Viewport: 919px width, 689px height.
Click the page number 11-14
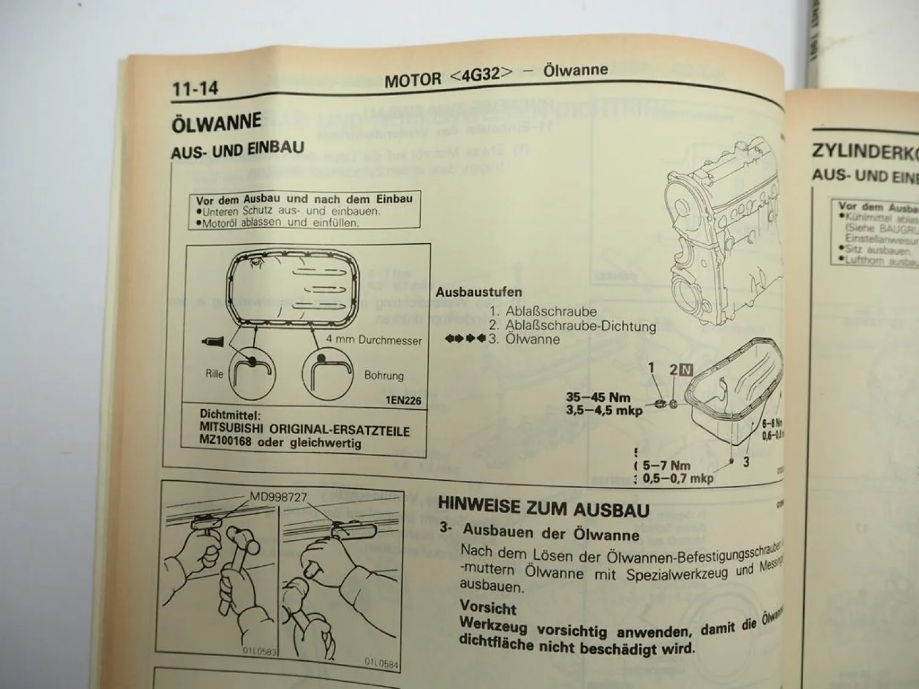tap(195, 89)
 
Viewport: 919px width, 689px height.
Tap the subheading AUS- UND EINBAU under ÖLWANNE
tap(237, 149)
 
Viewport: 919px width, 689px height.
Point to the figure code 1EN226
tap(403, 401)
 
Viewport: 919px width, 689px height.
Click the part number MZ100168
tap(225, 441)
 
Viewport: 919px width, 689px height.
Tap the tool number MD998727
tap(278, 497)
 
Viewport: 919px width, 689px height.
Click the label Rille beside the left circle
tap(214, 374)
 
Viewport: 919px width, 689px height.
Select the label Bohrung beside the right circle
tap(384, 375)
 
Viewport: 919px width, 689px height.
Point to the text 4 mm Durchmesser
tap(374, 341)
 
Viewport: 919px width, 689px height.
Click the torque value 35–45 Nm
tap(597, 397)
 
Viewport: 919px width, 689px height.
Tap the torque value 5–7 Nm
tap(666, 466)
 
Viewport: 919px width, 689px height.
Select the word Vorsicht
tap(488, 609)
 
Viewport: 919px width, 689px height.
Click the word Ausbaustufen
tap(478, 292)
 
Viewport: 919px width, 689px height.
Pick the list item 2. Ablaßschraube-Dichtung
tap(572, 326)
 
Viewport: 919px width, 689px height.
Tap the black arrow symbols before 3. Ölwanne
tap(466, 339)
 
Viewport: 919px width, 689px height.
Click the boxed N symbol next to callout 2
tap(686, 370)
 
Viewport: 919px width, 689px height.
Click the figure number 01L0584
tap(381, 662)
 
